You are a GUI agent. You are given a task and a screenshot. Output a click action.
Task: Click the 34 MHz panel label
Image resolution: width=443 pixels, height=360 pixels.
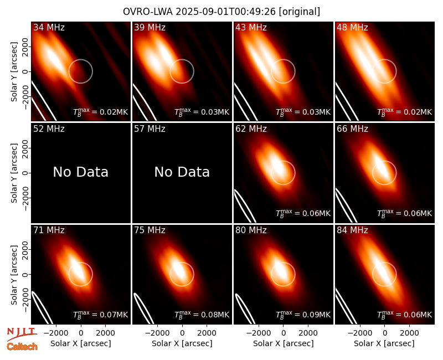[x=49, y=27]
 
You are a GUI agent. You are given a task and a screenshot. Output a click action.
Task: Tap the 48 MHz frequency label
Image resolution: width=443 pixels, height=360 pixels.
[x=352, y=27]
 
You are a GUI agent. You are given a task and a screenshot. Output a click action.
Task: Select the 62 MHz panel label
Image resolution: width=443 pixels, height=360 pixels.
[x=251, y=129]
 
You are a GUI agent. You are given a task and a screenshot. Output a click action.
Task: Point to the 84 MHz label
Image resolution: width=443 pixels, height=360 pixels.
[x=352, y=230]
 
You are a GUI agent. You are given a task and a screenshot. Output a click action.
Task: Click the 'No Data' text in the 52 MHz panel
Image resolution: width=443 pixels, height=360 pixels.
[x=81, y=172]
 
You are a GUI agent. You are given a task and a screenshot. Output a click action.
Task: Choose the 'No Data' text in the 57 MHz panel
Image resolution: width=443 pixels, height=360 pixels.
[x=182, y=172]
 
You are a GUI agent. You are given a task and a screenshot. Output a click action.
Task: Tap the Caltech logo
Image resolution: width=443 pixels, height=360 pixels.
[x=22, y=347]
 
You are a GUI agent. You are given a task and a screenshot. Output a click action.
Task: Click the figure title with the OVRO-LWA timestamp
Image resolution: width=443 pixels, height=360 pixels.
[x=221, y=12]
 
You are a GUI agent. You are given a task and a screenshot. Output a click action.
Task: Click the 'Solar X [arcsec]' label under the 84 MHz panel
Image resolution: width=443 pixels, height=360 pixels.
[x=384, y=343]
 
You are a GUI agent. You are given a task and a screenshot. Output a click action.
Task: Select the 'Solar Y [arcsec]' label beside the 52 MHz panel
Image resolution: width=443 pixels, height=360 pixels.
[x=14, y=173]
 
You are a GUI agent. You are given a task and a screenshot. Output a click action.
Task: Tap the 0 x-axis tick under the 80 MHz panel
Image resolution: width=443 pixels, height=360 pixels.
[x=284, y=333]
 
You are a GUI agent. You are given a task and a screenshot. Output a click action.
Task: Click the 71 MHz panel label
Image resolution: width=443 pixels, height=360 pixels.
[x=49, y=230]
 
